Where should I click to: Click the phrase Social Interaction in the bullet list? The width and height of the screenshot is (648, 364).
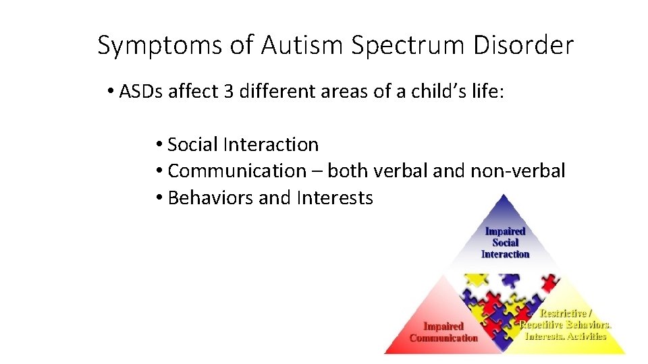click(243, 144)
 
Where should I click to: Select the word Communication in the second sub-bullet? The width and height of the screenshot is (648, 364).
click(237, 171)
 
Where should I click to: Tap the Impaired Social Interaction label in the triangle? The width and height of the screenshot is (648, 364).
click(505, 243)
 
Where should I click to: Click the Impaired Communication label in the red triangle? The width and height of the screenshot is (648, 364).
click(443, 332)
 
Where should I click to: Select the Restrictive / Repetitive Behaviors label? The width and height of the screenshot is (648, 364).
click(566, 324)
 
